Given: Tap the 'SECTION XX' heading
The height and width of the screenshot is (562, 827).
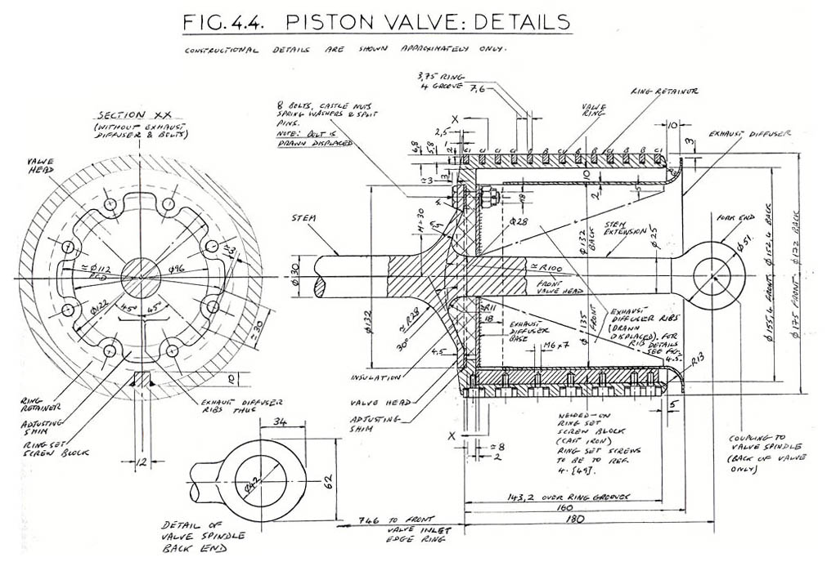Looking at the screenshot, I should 133,115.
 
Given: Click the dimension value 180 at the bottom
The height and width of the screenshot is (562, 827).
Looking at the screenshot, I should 587,540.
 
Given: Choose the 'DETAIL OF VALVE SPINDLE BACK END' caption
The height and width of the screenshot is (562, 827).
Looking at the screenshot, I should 195,542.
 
